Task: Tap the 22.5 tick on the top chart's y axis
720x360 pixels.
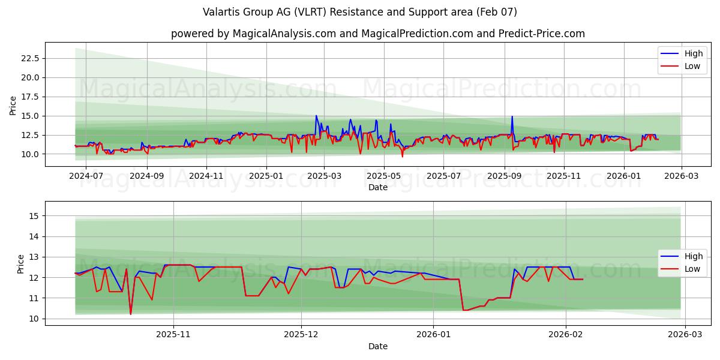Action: pyautogui.click(x=30, y=58)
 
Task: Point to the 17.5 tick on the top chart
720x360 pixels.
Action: pyautogui.click(x=30, y=97)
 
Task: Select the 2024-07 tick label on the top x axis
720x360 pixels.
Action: pyautogui.click(x=86, y=176)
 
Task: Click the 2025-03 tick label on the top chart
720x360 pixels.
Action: pyautogui.click(x=324, y=176)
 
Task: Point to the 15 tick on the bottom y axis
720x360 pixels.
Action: pyautogui.click(x=34, y=216)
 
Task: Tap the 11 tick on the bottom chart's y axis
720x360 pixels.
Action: pyautogui.click(x=34, y=298)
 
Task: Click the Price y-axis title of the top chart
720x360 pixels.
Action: pyautogui.click(x=13, y=105)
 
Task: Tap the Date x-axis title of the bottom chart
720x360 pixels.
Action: pyautogui.click(x=378, y=346)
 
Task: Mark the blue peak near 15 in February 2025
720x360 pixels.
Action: pyautogui.click(x=316, y=116)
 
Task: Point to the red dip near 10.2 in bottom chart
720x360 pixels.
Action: pyautogui.click(x=130, y=314)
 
